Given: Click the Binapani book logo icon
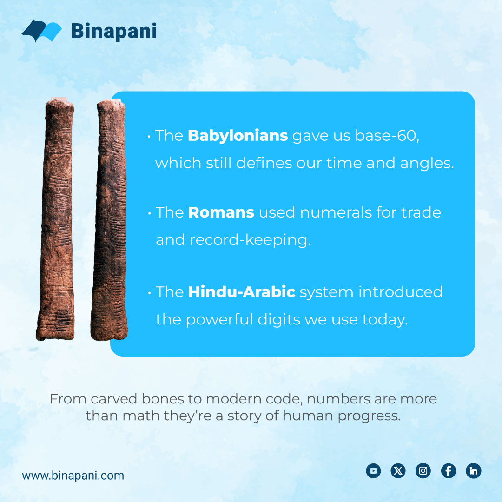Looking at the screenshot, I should coord(42,31).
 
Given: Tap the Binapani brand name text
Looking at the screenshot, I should coord(114,31).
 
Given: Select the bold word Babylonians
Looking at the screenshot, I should coord(238,136).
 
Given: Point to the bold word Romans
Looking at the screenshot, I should coord(221,212).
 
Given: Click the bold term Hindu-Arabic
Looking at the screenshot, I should coord(242,292).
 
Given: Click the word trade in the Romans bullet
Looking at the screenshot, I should coord(421,212).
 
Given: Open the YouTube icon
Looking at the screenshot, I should coord(373,471).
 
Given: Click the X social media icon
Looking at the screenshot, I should coord(398,471).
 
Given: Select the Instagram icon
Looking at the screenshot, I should coord(423,471).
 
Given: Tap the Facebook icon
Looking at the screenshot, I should coord(448,471).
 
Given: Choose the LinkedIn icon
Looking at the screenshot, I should coord(473,471).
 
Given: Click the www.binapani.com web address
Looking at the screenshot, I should coord(73,476).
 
